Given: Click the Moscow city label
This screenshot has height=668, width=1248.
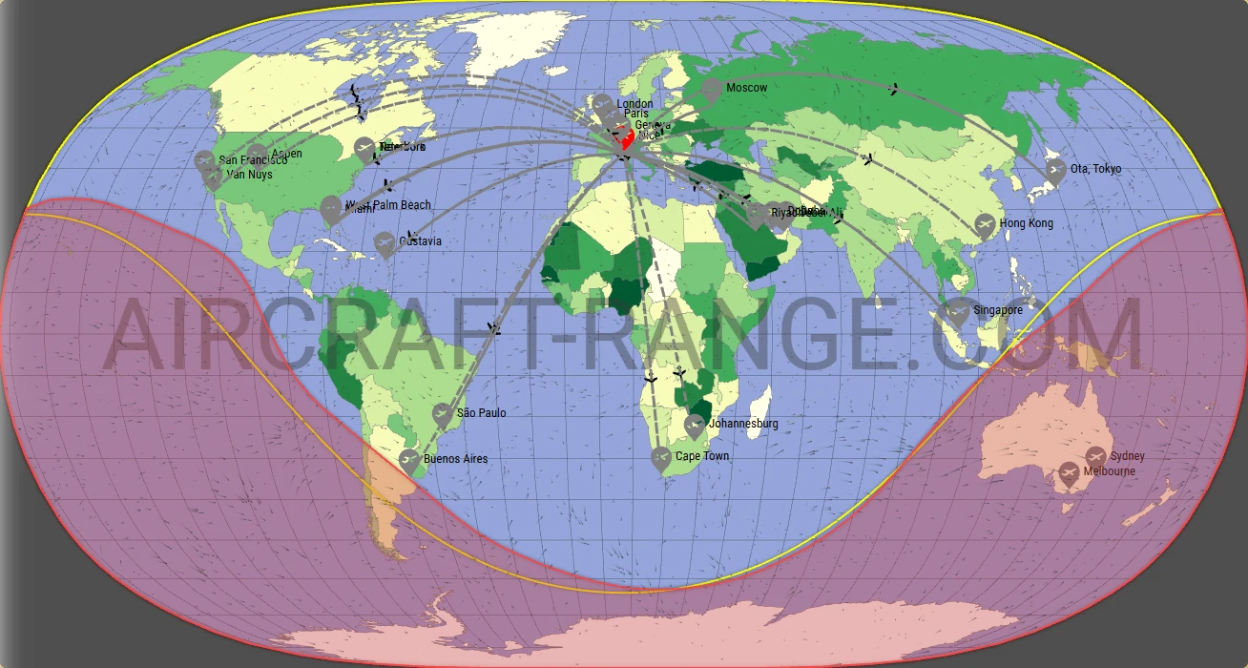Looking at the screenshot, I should (x=746, y=88).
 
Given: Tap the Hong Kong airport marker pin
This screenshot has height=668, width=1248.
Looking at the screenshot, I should (x=986, y=226).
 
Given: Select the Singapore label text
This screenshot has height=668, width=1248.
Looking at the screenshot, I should (x=998, y=310).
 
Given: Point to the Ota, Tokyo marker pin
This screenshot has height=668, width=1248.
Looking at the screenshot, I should (x=1055, y=171).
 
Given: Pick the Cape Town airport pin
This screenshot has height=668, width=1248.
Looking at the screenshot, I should (x=661, y=459).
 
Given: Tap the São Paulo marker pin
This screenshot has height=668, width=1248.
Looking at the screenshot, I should (x=442, y=414).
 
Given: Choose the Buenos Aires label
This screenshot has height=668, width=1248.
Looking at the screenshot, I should (x=455, y=459).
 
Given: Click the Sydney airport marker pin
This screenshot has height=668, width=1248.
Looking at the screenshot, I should (x=1095, y=457).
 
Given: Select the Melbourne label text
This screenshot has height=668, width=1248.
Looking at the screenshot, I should (x=1109, y=471).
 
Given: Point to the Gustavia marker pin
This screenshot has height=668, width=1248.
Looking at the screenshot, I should (x=385, y=244).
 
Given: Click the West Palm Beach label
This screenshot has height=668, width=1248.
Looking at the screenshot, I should (x=388, y=205).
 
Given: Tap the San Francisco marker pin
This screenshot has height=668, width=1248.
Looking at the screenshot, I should (x=204, y=161).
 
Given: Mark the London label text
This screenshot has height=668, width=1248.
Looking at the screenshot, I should (x=634, y=104).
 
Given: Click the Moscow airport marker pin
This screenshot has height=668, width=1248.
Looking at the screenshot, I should (x=711, y=91).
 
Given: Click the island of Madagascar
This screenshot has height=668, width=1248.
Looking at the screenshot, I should (x=760, y=413).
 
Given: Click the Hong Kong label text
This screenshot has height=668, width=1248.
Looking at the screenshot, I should (x=1027, y=223).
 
